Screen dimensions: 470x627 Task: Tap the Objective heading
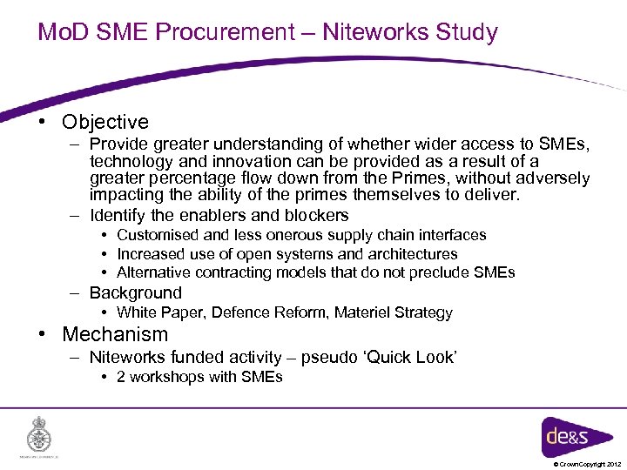(x=105, y=123)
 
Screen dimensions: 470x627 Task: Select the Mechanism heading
(x=115, y=334)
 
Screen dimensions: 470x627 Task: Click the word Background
(x=135, y=293)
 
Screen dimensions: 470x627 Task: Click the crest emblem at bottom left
(x=39, y=434)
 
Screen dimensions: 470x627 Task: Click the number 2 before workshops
(x=121, y=377)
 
